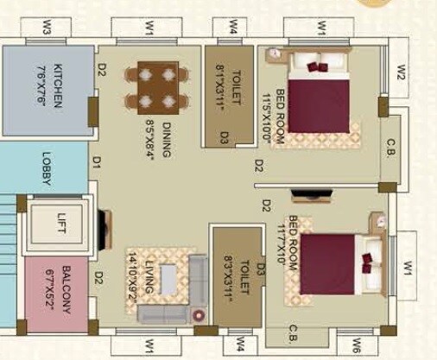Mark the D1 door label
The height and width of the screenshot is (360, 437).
click(x=97, y=161)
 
